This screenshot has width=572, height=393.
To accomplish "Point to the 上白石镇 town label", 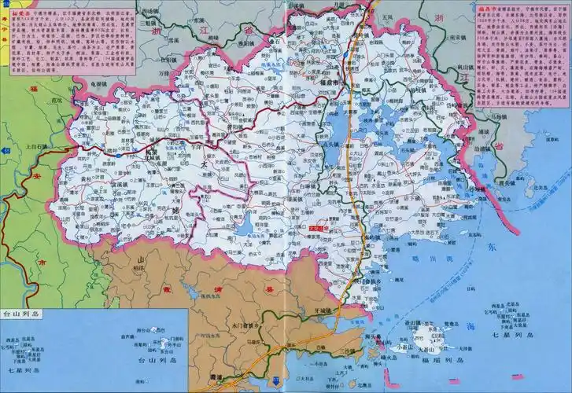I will click(x=37, y=146).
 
